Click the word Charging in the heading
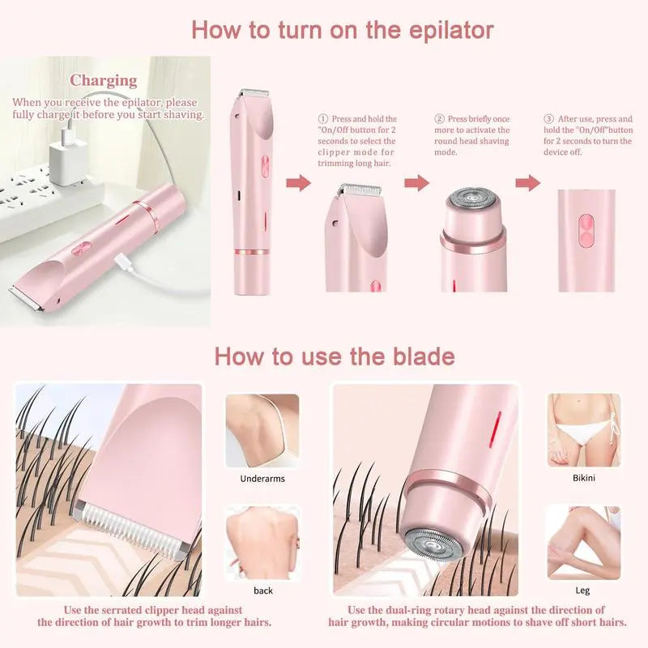103,80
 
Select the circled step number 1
322,119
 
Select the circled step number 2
440,119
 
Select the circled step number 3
548,119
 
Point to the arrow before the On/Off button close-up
528,182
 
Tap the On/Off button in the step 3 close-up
586,230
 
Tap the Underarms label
262,479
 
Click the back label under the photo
263,590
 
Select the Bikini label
583,478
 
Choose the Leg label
583,590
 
